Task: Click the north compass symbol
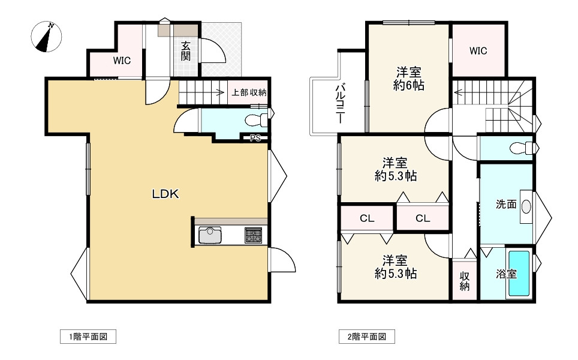click(46, 37)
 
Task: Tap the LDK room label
click(165, 194)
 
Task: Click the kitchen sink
click(210, 235)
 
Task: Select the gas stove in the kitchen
click(253, 235)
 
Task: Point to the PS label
click(255, 138)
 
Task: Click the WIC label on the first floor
click(122, 60)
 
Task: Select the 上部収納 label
click(249, 92)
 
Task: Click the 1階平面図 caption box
click(88, 337)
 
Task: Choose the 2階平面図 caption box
click(367, 337)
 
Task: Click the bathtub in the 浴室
click(519, 274)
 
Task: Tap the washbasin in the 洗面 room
click(526, 206)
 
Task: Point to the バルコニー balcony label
click(340, 104)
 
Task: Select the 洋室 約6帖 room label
click(409, 78)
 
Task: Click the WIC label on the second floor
click(478, 50)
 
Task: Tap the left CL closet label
click(367, 218)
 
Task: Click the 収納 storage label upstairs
click(465, 281)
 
